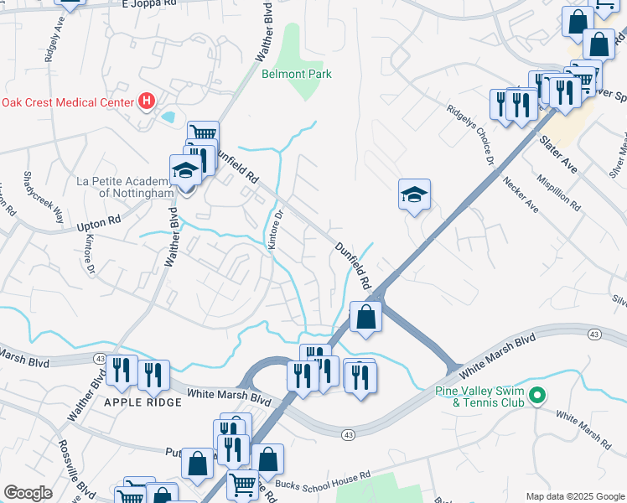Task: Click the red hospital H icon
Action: coord(147,102)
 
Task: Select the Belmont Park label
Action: coord(297,74)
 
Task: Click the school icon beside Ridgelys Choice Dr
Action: coord(414,195)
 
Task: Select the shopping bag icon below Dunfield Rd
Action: coord(365,317)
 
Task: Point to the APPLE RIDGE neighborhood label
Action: coord(142,402)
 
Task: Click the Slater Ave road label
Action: coord(557,154)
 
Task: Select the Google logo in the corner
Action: coord(28,493)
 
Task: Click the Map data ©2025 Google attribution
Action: coord(574,496)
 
